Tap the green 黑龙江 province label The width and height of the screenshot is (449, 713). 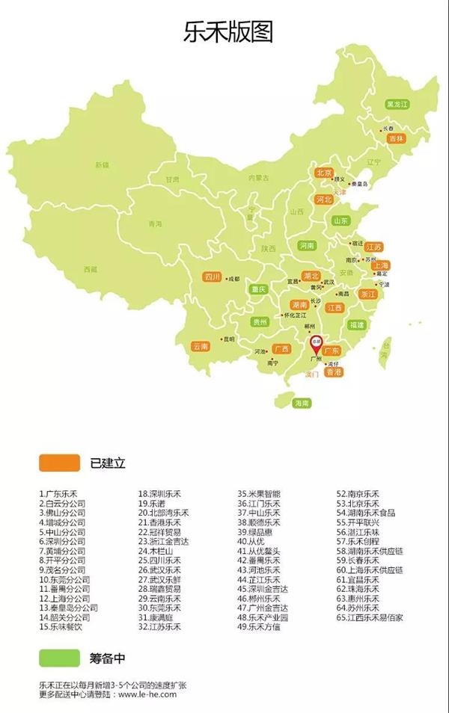(x=397, y=104)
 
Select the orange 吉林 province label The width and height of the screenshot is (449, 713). (x=397, y=138)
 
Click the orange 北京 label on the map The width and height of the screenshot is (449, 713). (x=323, y=173)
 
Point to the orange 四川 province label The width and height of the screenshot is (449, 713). (x=213, y=277)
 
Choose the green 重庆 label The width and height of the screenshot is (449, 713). (x=259, y=289)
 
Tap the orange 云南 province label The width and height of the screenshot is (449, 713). (x=200, y=346)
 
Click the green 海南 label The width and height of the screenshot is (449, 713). (x=302, y=403)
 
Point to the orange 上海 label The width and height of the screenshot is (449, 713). (x=380, y=265)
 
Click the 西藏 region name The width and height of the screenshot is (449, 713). (x=91, y=269)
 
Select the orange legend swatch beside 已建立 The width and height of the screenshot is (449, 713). (x=59, y=463)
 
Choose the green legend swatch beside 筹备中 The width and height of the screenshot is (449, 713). (x=59, y=657)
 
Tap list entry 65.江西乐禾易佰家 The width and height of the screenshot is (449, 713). (x=370, y=617)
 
